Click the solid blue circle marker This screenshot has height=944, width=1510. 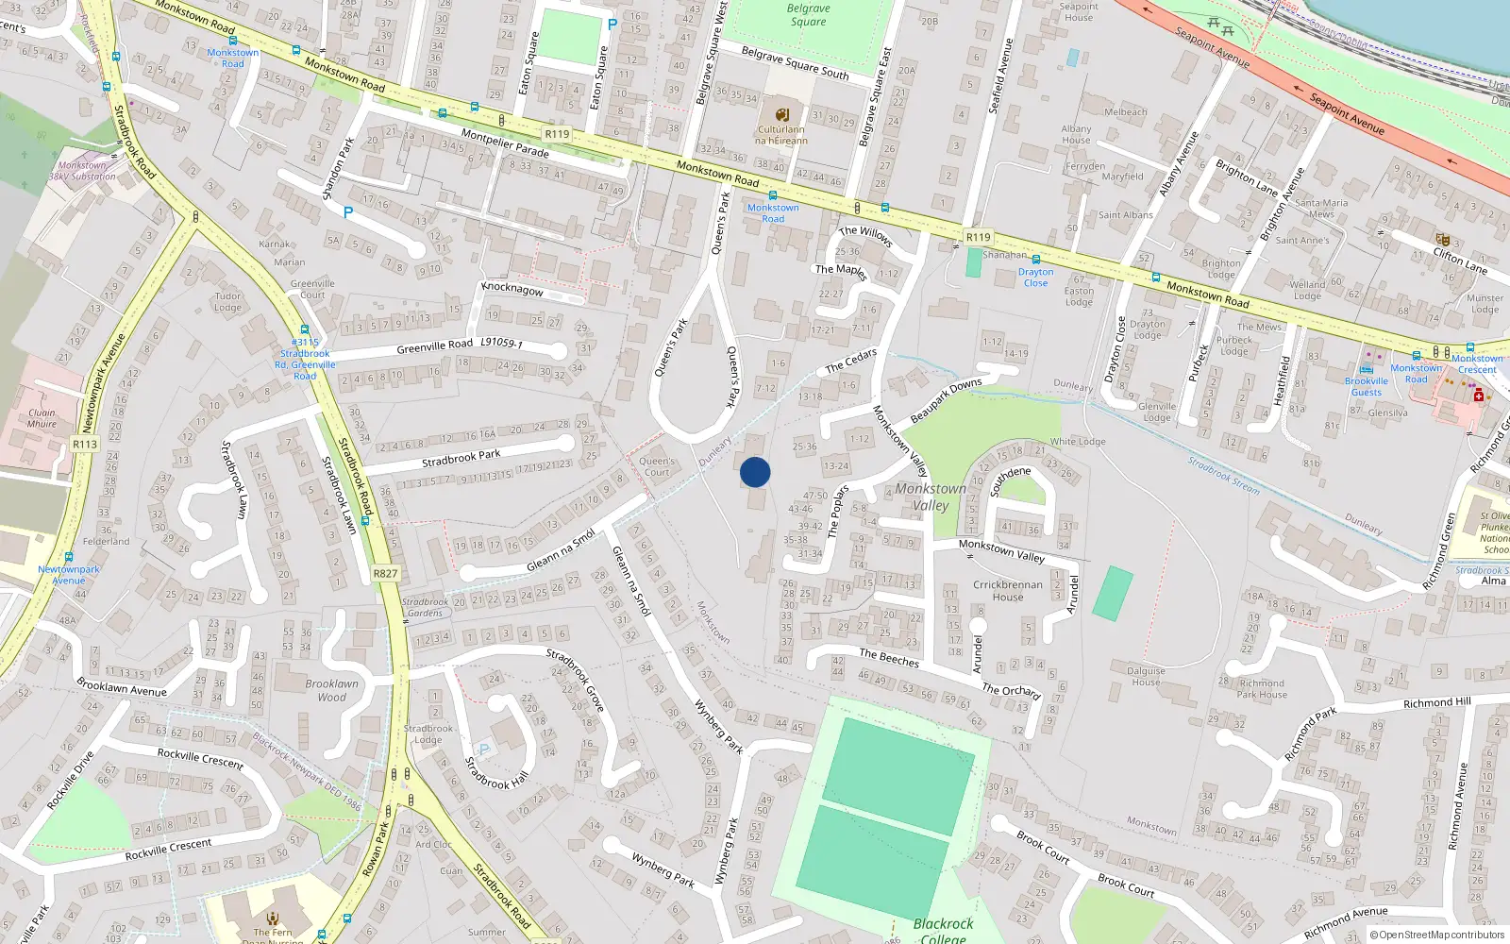[x=755, y=472]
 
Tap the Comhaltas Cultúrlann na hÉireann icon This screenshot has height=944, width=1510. [x=781, y=115]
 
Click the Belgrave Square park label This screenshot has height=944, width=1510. [x=808, y=15]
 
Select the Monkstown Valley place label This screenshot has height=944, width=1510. [x=931, y=497]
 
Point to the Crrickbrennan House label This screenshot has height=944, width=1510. [x=1008, y=590]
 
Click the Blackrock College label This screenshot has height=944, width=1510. [x=944, y=930]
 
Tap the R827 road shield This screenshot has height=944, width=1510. [x=385, y=573]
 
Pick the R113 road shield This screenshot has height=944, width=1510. [x=85, y=444]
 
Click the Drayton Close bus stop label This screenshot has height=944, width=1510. [x=1035, y=278]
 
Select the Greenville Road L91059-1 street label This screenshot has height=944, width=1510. [x=460, y=346]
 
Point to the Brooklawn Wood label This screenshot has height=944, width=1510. [x=331, y=690]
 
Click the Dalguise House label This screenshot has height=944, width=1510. [x=1146, y=676]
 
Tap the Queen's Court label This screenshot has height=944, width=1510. [x=657, y=466]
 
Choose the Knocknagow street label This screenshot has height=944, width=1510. [x=512, y=288]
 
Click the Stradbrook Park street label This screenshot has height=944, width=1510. [x=461, y=459]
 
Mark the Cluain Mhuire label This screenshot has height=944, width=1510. [x=42, y=418]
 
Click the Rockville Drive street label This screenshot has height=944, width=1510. [x=71, y=781]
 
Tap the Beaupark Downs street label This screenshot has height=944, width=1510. [x=946, y=401]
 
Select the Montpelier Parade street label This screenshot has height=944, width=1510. [x=505, y=143]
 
